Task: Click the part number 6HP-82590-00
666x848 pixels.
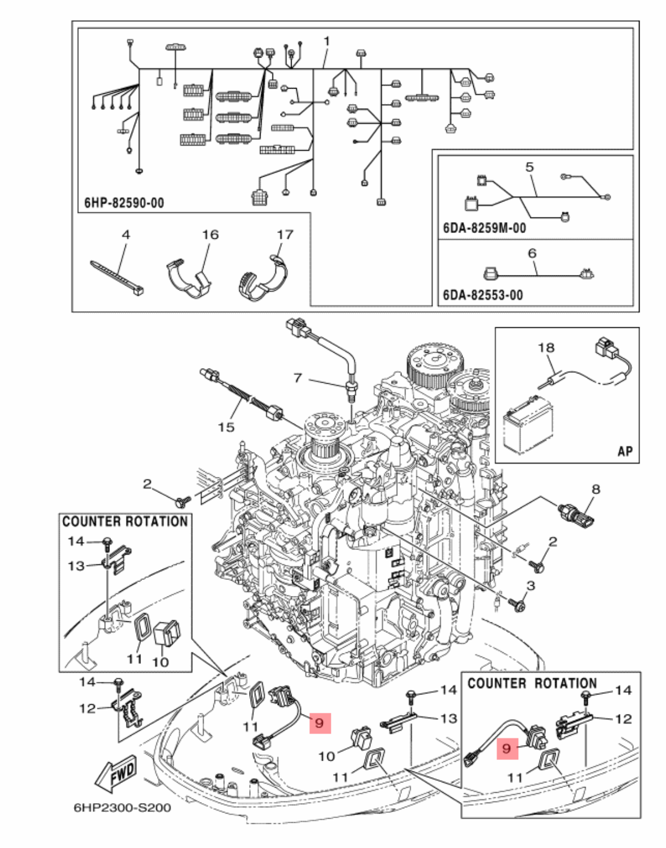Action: pyautogui.click(x=124, y=203)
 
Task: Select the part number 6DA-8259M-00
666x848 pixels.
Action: pyautogui.click(x=484, y=228)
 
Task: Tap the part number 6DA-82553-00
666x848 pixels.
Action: pyautogui.click(x=483, y=295)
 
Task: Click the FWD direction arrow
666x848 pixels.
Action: pyautogui.click(x=117, y=773)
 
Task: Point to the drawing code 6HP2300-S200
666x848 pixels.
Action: pyautogui.click(x=122, y=808)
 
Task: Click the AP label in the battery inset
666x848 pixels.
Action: pyautogui.click(x=625, y=451)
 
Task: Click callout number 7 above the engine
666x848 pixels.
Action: pyautogui.click(x=297, y=378)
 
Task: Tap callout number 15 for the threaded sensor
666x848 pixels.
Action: pyautogui.click(x=226, y=427)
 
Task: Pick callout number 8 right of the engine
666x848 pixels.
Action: pyautogui.click(x=595, y=489)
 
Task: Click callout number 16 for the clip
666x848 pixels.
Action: pyautogui.click(x=210, y=234)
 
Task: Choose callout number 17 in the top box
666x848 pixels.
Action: pyautogui.click(x=285, y=234)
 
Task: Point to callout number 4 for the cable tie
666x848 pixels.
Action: pyautogui.click(x=126, y=234)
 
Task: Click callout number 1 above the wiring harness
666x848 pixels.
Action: pyautogui.click(x=327, y=41)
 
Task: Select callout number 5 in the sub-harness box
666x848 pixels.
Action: pyautogui.click(x=529, y=167)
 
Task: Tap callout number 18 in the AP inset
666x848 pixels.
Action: pyautogui.click(x=546, y=347)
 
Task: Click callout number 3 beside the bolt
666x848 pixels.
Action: pyautogui.click(x=530, y=586)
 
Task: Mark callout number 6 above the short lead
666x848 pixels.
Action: pyautogui.click(x=531, y=253)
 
